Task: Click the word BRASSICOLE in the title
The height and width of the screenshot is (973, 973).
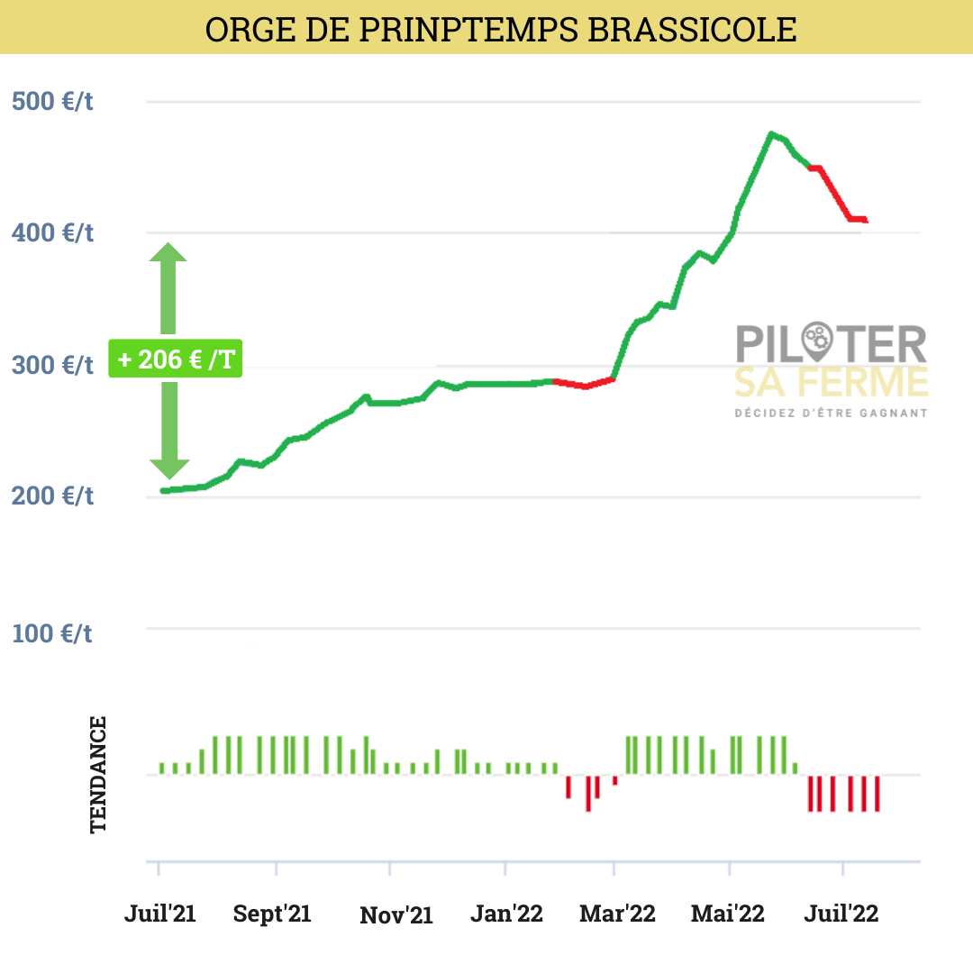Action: [692, 29]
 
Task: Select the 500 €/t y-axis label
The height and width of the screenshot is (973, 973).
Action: [52, 101]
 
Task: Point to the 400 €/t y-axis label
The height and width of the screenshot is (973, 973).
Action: [52, 233]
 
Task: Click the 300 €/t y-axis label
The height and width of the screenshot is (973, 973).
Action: [52, 366]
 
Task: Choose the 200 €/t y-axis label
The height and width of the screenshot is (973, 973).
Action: [52, 496]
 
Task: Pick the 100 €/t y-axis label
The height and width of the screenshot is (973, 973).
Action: [52, 632]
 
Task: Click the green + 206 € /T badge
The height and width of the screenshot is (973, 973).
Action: [175, 359]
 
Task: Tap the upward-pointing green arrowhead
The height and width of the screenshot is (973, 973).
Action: [168, 252]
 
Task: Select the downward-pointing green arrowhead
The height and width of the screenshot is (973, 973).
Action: [168, 468]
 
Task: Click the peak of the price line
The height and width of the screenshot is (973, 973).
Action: [771, 134]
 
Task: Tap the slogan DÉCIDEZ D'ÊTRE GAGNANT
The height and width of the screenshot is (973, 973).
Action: [831, 414]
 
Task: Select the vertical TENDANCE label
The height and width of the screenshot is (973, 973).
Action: [98, 774]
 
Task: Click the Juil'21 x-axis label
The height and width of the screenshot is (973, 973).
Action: [159, 914]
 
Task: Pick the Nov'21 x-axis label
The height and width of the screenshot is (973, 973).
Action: [396, 915]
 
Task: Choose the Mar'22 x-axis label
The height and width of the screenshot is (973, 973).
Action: [617, 914]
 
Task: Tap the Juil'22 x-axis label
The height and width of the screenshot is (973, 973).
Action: [841, 914]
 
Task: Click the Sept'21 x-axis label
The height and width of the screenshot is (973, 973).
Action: [272, 914]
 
